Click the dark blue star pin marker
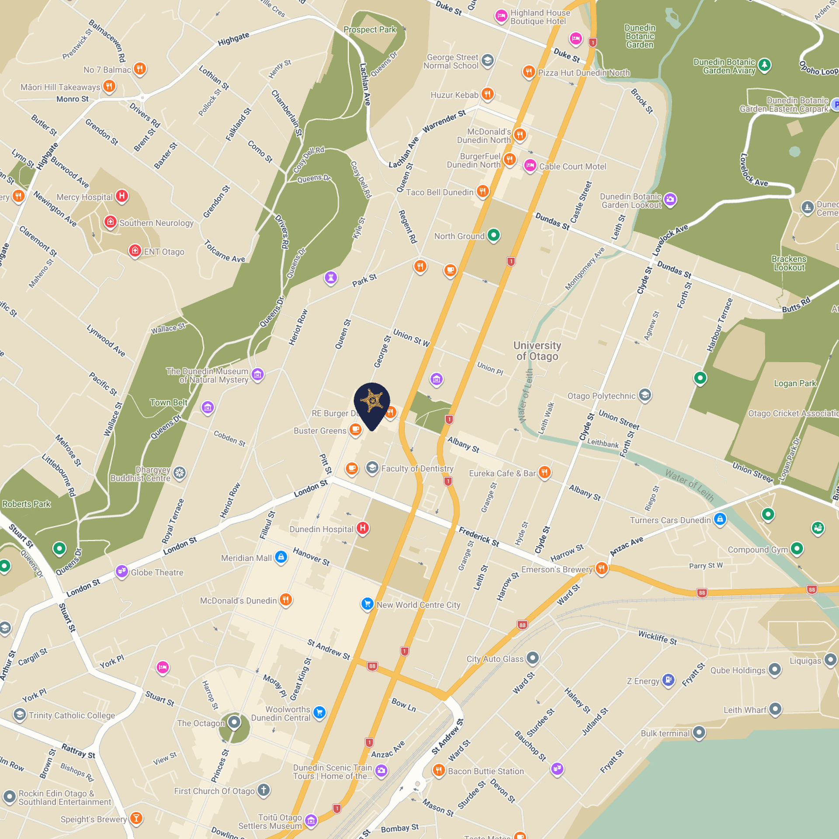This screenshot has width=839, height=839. click(372, 401)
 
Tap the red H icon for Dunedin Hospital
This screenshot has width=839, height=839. click(363, 528)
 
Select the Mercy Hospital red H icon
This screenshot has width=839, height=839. click(122, 196)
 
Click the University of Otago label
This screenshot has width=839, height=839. click(537, 351)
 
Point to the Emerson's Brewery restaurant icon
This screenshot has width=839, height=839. click(602, 569)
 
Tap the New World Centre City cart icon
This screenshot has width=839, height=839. click(367, 604)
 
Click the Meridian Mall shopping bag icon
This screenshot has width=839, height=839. click(281, 557)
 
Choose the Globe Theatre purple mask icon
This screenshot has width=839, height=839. click(121, 571)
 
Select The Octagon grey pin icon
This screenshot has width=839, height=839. click(234, 722)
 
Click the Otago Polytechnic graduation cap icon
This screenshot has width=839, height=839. click(645, 395)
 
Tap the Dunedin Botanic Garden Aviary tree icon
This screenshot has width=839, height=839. click(764, 65)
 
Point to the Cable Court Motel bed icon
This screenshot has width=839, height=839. click(530, 166)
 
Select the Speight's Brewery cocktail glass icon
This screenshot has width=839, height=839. click(136, 818)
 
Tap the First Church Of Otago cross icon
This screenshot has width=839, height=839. click(263, 790)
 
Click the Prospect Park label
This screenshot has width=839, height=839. click(370, 30)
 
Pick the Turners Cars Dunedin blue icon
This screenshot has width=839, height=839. click(720, 519)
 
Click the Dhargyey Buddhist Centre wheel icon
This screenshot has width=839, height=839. click(180, 473)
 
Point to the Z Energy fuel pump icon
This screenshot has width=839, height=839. click(668, 680)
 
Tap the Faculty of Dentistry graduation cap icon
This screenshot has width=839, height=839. click(372, 468)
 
